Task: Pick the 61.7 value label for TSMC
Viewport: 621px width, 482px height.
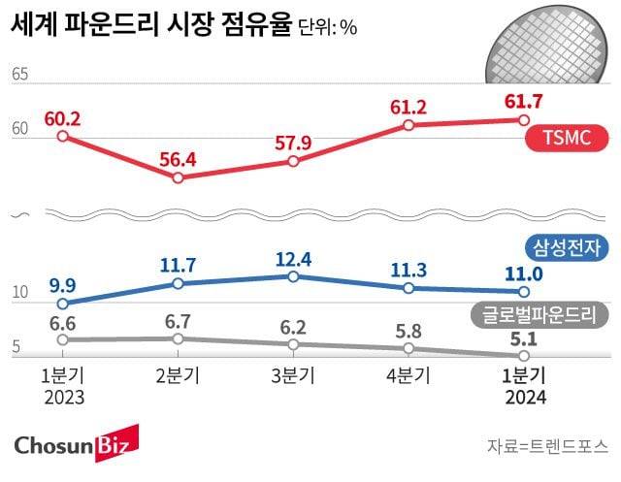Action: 523,101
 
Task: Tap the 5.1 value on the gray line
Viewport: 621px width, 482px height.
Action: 523,338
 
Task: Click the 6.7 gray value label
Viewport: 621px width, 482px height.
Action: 178,320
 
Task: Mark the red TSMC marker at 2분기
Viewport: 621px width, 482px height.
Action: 178,178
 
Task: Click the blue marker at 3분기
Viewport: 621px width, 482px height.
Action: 293,276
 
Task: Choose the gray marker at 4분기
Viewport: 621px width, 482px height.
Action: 409,347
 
